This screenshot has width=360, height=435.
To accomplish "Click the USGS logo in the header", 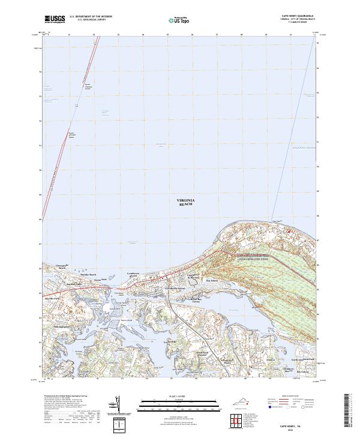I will (53, 19).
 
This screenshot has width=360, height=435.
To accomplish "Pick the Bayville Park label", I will (55, 298).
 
